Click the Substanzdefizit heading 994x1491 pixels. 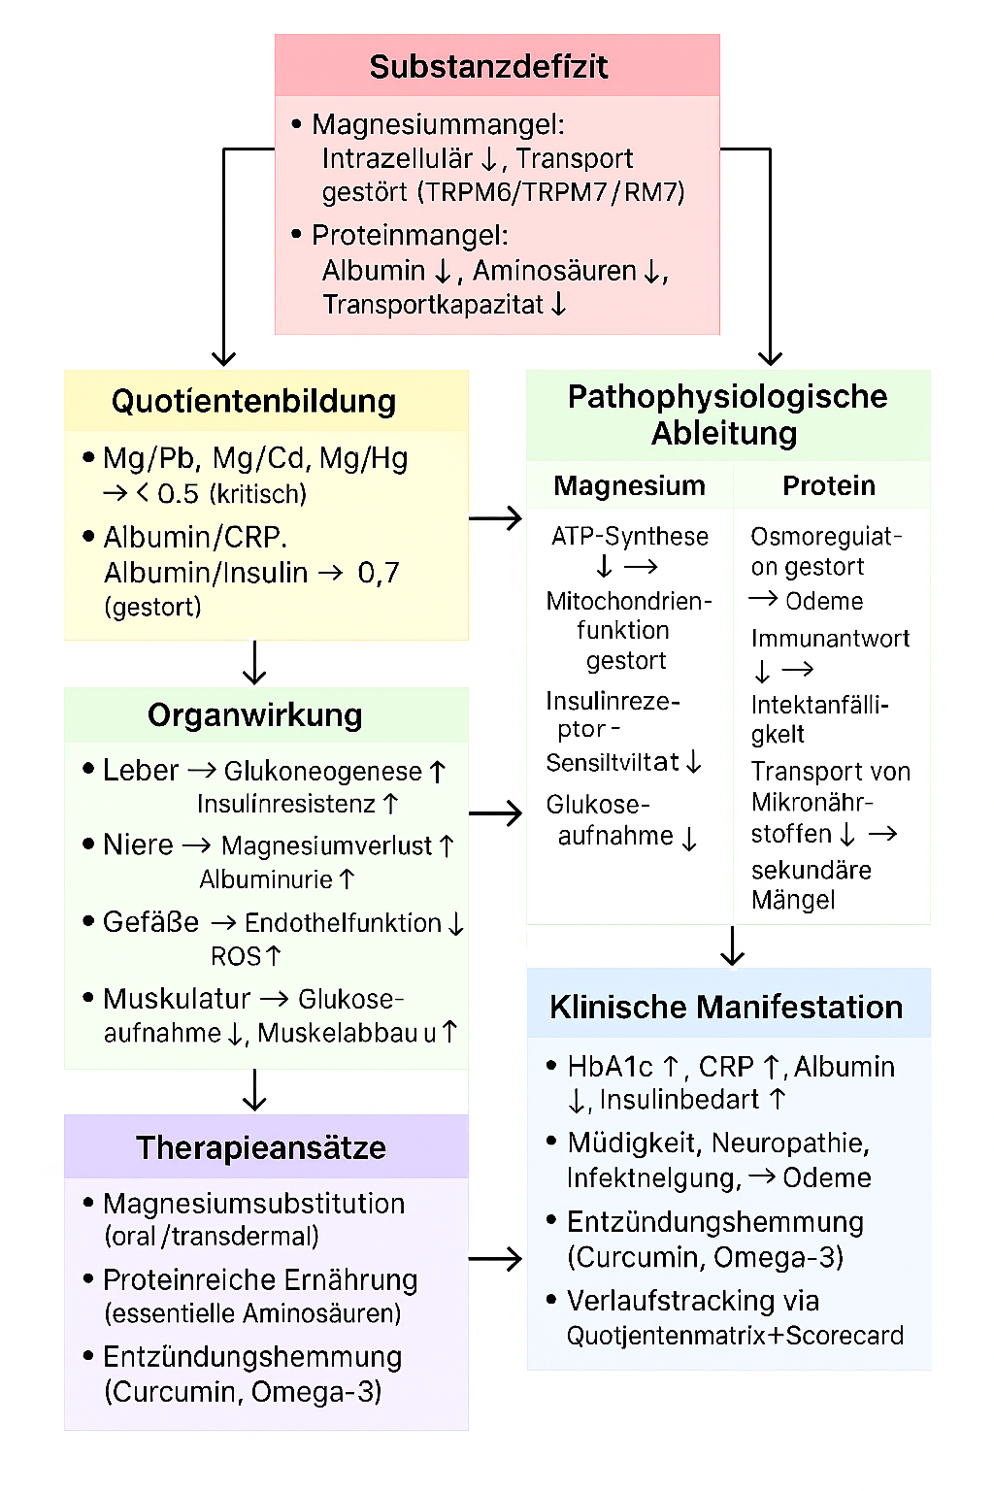click(488, 67)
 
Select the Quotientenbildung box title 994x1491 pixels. click(253, 401)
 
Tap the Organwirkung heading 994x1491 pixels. click(254, 715)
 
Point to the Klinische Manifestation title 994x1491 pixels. click(726, 1008)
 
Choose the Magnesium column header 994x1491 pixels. click(629, 485)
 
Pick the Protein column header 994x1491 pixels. click(829, 485)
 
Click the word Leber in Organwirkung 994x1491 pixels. click(141, 771)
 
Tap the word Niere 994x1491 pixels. click(138, 845)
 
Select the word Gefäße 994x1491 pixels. click(150, 922)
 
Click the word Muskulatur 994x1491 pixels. click(177, 999)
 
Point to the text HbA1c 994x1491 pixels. click(610, 1067)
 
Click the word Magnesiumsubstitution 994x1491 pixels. click(253, 1204)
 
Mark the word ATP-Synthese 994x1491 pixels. click(630, 537)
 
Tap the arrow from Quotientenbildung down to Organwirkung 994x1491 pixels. click(254, 663)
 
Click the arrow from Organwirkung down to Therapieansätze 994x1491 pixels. click(254, 1090)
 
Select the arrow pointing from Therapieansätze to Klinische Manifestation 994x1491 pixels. click(495, 1260)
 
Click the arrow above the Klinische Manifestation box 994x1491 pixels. click(733, 945)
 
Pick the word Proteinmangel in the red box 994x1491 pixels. click(410, 236)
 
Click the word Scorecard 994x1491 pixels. click(845, 1336)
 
